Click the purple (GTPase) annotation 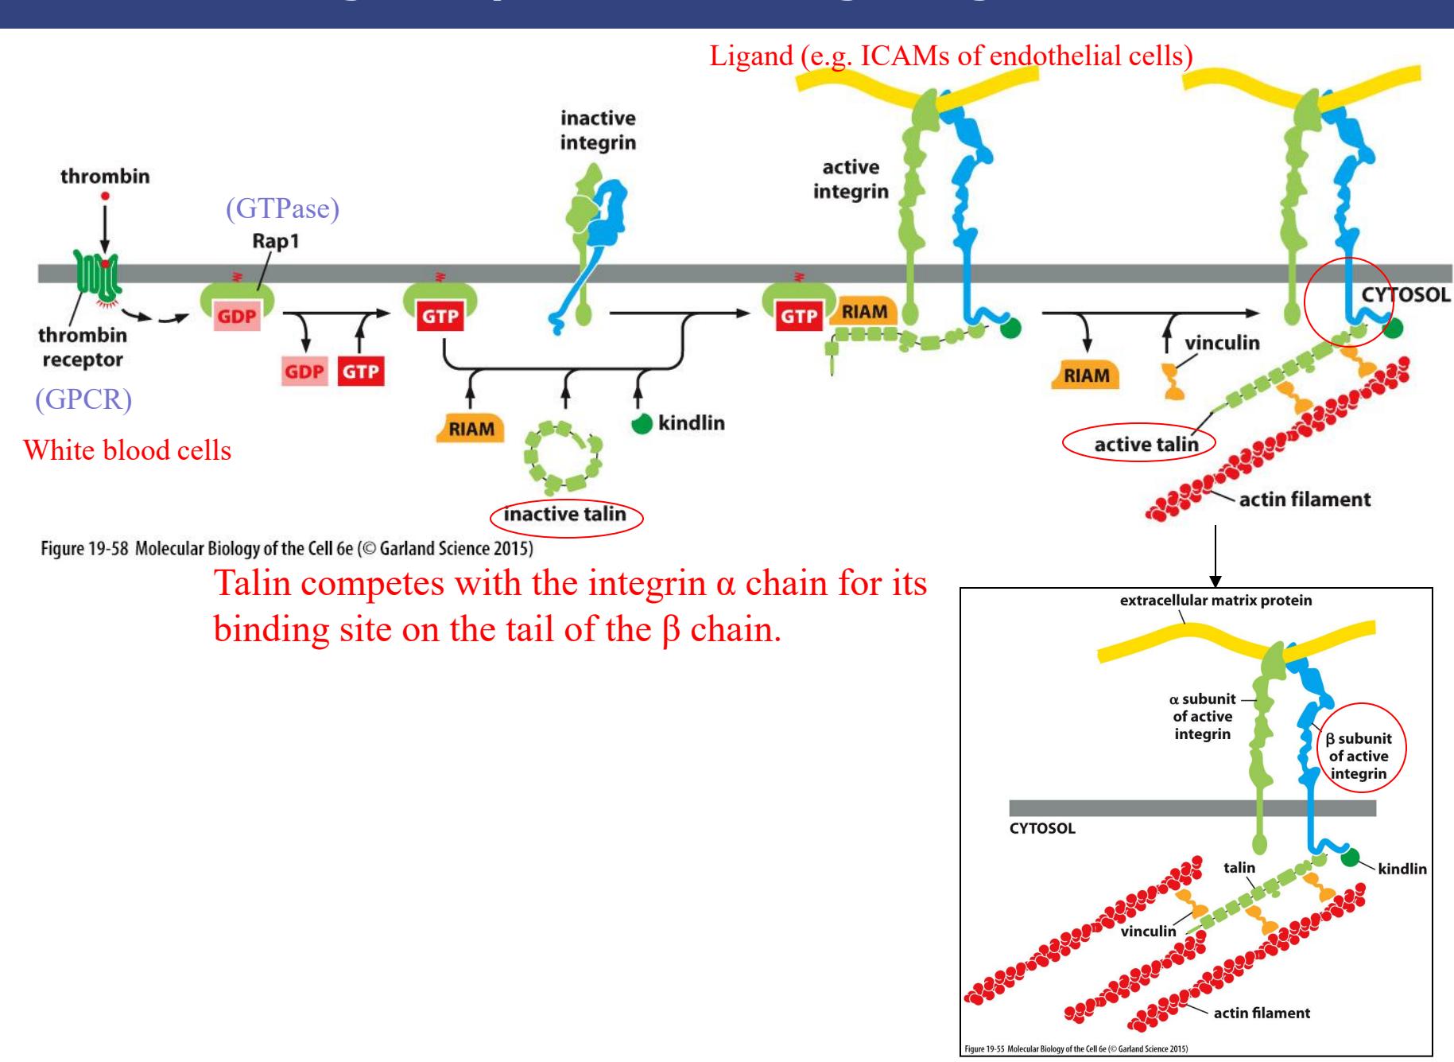click(x=283, y=210)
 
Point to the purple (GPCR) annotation click(x=83, y=399)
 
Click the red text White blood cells click(x=127, y=450)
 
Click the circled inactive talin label click(x=564, y=515)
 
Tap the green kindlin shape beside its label click(x=642, y=424)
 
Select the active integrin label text click(x=851, y=180)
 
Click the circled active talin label click(x=1146, y=444)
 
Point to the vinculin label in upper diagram click(x=1222, y=344)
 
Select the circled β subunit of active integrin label click(x=1359, y=756)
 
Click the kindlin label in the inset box click(x=1402, y=869)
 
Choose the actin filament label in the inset click(x=1262, y=1013)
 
